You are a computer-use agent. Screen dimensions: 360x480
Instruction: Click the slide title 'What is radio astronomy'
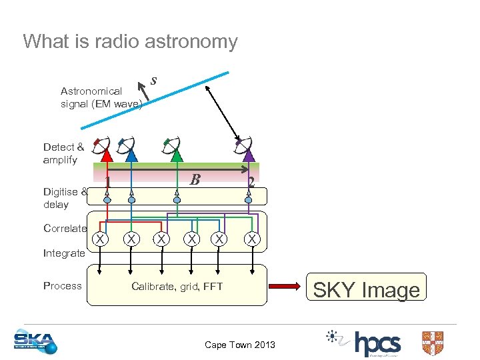tap(130, 41)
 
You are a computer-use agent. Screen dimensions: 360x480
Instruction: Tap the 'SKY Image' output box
tap(366, 290)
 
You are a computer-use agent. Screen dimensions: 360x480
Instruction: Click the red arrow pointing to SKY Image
tap(285, 286)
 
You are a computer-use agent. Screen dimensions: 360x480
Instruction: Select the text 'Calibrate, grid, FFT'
tap(177, 287)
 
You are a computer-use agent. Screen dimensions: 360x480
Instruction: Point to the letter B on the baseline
tap(194, 179)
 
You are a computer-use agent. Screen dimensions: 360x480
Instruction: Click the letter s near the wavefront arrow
tap(154, 81)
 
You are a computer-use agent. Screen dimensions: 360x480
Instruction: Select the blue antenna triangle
tap(131, 155)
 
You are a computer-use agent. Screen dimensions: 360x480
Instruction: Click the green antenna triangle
tap(176, 155)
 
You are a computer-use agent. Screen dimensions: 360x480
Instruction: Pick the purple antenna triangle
tap(249, 155)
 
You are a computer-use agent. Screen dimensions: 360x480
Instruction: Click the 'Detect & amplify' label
tap(63, 153)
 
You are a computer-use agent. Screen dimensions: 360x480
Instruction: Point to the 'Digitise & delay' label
tap(65, 198)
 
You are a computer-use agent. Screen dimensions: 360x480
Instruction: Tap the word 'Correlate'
tap(65, 228)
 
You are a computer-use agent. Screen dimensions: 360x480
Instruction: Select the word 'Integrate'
tap(64, 253)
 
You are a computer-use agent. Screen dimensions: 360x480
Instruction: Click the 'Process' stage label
tap(63, 286)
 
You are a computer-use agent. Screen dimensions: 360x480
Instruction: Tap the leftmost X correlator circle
tap(99, 239)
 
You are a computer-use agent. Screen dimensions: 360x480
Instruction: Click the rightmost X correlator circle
tap(251, 239)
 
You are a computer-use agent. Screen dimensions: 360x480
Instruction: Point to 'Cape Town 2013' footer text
tap(239, 345)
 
